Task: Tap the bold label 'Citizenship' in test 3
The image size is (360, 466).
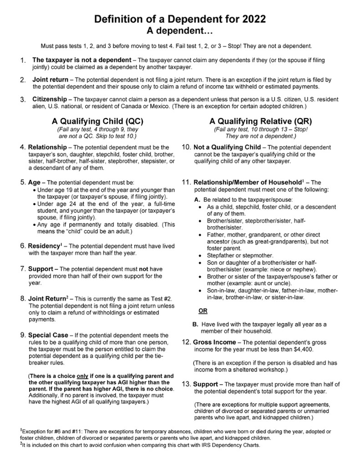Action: pos(51,99)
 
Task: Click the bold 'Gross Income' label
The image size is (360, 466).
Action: pos(215,342)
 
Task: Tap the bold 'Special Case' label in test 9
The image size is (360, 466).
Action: pos(48,335)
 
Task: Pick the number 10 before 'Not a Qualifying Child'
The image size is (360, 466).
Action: pos(186,147)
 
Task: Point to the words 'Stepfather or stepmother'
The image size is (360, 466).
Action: pos(240,256)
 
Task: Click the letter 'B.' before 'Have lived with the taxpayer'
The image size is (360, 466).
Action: pos(196,324)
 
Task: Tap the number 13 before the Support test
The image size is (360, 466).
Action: pos(187,384)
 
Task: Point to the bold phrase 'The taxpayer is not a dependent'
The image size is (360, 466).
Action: pos(81,60)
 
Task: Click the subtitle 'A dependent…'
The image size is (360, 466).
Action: pos(179,31)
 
